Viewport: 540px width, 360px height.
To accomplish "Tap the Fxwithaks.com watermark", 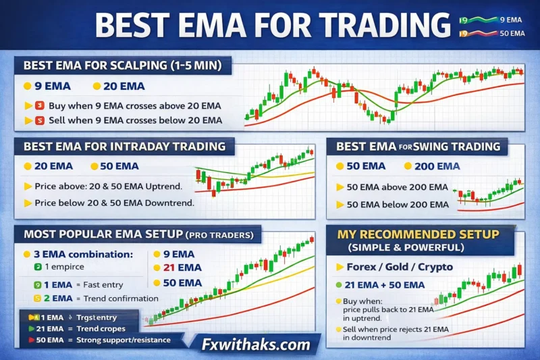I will [x=256, y=344].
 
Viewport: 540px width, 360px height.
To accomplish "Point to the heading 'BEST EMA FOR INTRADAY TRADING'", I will [x=124, y=146].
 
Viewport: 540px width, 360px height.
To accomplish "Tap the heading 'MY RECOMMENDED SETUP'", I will [x=419, y=234].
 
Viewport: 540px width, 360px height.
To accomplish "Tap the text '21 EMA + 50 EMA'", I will [x=385, y=285].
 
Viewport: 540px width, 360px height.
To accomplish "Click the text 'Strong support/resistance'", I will [x=124, y=340].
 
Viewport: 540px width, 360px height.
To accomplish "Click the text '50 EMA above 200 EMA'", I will [x=398, y=187].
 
